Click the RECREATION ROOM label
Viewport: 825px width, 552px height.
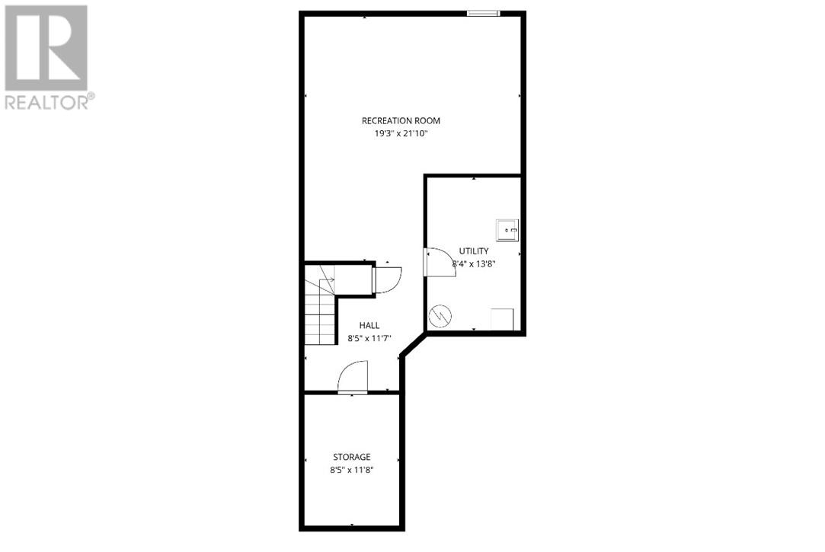tap(401, 120)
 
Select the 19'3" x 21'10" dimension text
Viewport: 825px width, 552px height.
tap(401, 133)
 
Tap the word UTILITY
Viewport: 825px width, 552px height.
tap(474, 251)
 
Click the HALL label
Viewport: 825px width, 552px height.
tap(369, 325)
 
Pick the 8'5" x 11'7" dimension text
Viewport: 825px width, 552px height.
tap(369, 338)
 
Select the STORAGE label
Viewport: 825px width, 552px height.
tap(351, 457)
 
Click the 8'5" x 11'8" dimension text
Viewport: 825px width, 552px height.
tap(351, 470)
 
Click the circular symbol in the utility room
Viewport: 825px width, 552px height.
tap(440, 314)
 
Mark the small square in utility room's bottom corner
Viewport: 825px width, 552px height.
tap(502, 318)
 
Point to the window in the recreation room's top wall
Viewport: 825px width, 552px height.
tap(483, 13)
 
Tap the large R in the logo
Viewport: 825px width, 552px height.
tap(46, 48)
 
